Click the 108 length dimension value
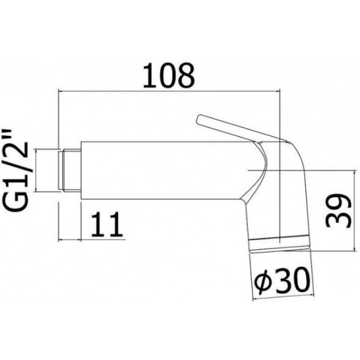169,75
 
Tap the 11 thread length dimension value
107,224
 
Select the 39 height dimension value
338,211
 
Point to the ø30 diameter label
282,280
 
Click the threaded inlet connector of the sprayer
69,170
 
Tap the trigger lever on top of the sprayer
241,128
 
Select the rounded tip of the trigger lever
200,119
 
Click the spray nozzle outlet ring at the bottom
280,245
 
